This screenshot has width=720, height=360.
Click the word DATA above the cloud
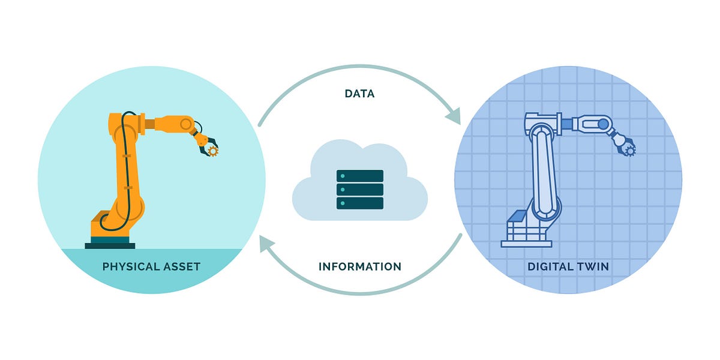[x=360, y=94]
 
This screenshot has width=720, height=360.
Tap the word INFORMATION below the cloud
[x=360, y=266]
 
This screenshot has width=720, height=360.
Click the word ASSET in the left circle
[x=182, y=266]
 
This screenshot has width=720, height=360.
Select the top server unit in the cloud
[x=360, y=176]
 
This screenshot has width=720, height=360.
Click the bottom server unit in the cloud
[x=360, y=203]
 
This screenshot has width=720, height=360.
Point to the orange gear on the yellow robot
[x=212, y=150]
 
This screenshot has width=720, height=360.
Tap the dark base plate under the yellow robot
[x=110, y=245]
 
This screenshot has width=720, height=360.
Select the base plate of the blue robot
[x=526, y=243]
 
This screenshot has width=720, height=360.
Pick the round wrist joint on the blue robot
[x=602, y=124]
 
